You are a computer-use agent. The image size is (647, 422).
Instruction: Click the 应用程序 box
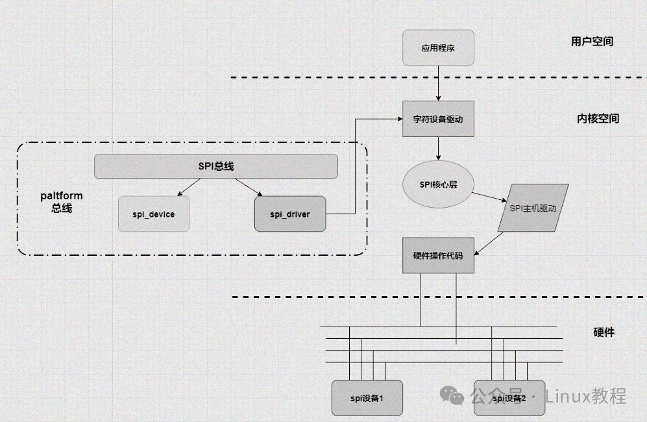(x=438, y=47)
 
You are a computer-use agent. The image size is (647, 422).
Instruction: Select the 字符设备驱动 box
(x=438, y=119)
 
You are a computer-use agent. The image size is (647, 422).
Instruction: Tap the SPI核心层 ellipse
(x=438, y=184)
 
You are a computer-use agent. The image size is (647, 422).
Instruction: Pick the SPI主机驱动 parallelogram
(x=533, y=208)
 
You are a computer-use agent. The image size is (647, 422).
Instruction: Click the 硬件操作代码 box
(x=438, y=256)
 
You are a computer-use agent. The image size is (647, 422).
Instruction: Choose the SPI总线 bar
(x=216, y=166)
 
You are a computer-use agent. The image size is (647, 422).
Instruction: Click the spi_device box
(x=154, y=214)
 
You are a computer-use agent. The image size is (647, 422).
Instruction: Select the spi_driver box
(x=290, y=214)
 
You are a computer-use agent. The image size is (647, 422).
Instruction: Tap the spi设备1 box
(x=367, y=397)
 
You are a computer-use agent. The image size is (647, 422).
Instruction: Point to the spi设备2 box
(x=509, y=397)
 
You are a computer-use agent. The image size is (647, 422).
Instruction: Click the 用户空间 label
(x=592, y=42)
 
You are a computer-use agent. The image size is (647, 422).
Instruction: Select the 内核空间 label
(x=598, y=119)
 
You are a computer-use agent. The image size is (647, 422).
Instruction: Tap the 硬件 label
(x=604, y=332)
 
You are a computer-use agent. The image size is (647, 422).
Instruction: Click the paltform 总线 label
(x=62, y=202)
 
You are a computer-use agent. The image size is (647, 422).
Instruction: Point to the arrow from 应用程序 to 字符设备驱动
(x=438, y=83)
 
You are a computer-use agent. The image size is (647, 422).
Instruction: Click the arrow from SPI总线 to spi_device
(x=189, y=186)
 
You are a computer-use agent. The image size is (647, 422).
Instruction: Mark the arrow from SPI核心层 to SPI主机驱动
(x=490, y=197)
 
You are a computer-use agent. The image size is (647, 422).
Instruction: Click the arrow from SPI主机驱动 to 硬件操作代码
(x=489, y=242)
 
